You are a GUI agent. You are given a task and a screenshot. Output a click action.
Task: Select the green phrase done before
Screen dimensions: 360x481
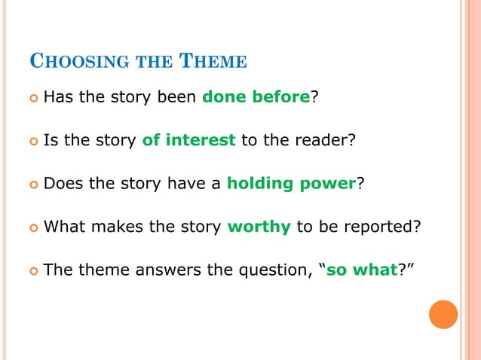click(256, 96)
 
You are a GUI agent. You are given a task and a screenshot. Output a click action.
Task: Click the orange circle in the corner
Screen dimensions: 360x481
click(443, 314)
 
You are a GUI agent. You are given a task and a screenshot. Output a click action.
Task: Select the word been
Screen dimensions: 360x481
click(179, 96)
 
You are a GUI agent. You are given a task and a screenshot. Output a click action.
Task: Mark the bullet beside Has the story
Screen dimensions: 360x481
click(32, 97)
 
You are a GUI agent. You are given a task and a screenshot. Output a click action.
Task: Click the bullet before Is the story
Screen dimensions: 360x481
click(32, 139)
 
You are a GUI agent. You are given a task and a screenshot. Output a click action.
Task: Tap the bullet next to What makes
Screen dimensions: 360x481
click(32, 225)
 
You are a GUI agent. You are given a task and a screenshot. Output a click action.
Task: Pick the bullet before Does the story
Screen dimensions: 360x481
click(32, 182)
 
